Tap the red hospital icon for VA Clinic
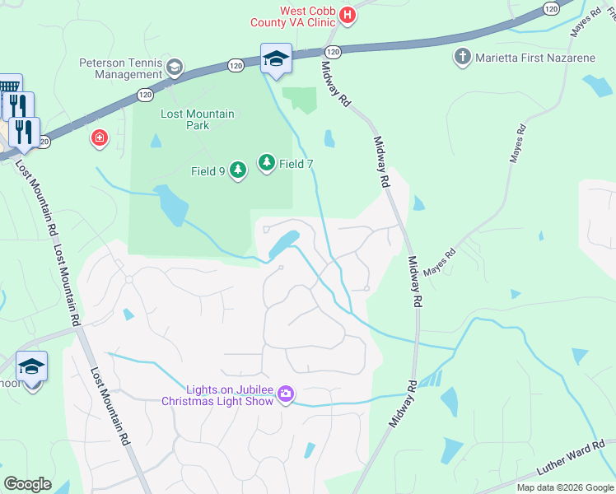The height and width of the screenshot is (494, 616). (348, 15)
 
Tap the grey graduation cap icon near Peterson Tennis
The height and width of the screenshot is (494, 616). (175, 66)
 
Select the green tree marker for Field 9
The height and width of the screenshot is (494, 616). (238, 170)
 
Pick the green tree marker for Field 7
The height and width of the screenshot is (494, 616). (267, 163)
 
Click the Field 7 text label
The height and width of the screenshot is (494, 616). (296, 164)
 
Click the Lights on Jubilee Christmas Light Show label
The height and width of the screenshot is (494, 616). (218, 395)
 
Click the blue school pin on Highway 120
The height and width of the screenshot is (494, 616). (276, 59)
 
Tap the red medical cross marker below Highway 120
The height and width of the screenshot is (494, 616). (100, 137)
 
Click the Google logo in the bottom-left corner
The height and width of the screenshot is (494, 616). (27, 484)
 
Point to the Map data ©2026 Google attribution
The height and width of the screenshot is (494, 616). (564, 487)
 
